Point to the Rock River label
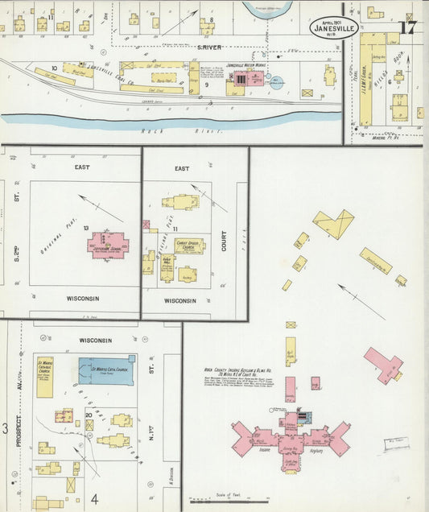(152, 130)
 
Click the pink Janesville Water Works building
(249, 80)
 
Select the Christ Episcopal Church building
(189, 246)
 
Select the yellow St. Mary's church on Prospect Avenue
(45, 375)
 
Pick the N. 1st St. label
(151, 439)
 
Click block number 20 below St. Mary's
(88, 414)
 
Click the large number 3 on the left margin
(4, 428)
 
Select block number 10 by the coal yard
(54, 68)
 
